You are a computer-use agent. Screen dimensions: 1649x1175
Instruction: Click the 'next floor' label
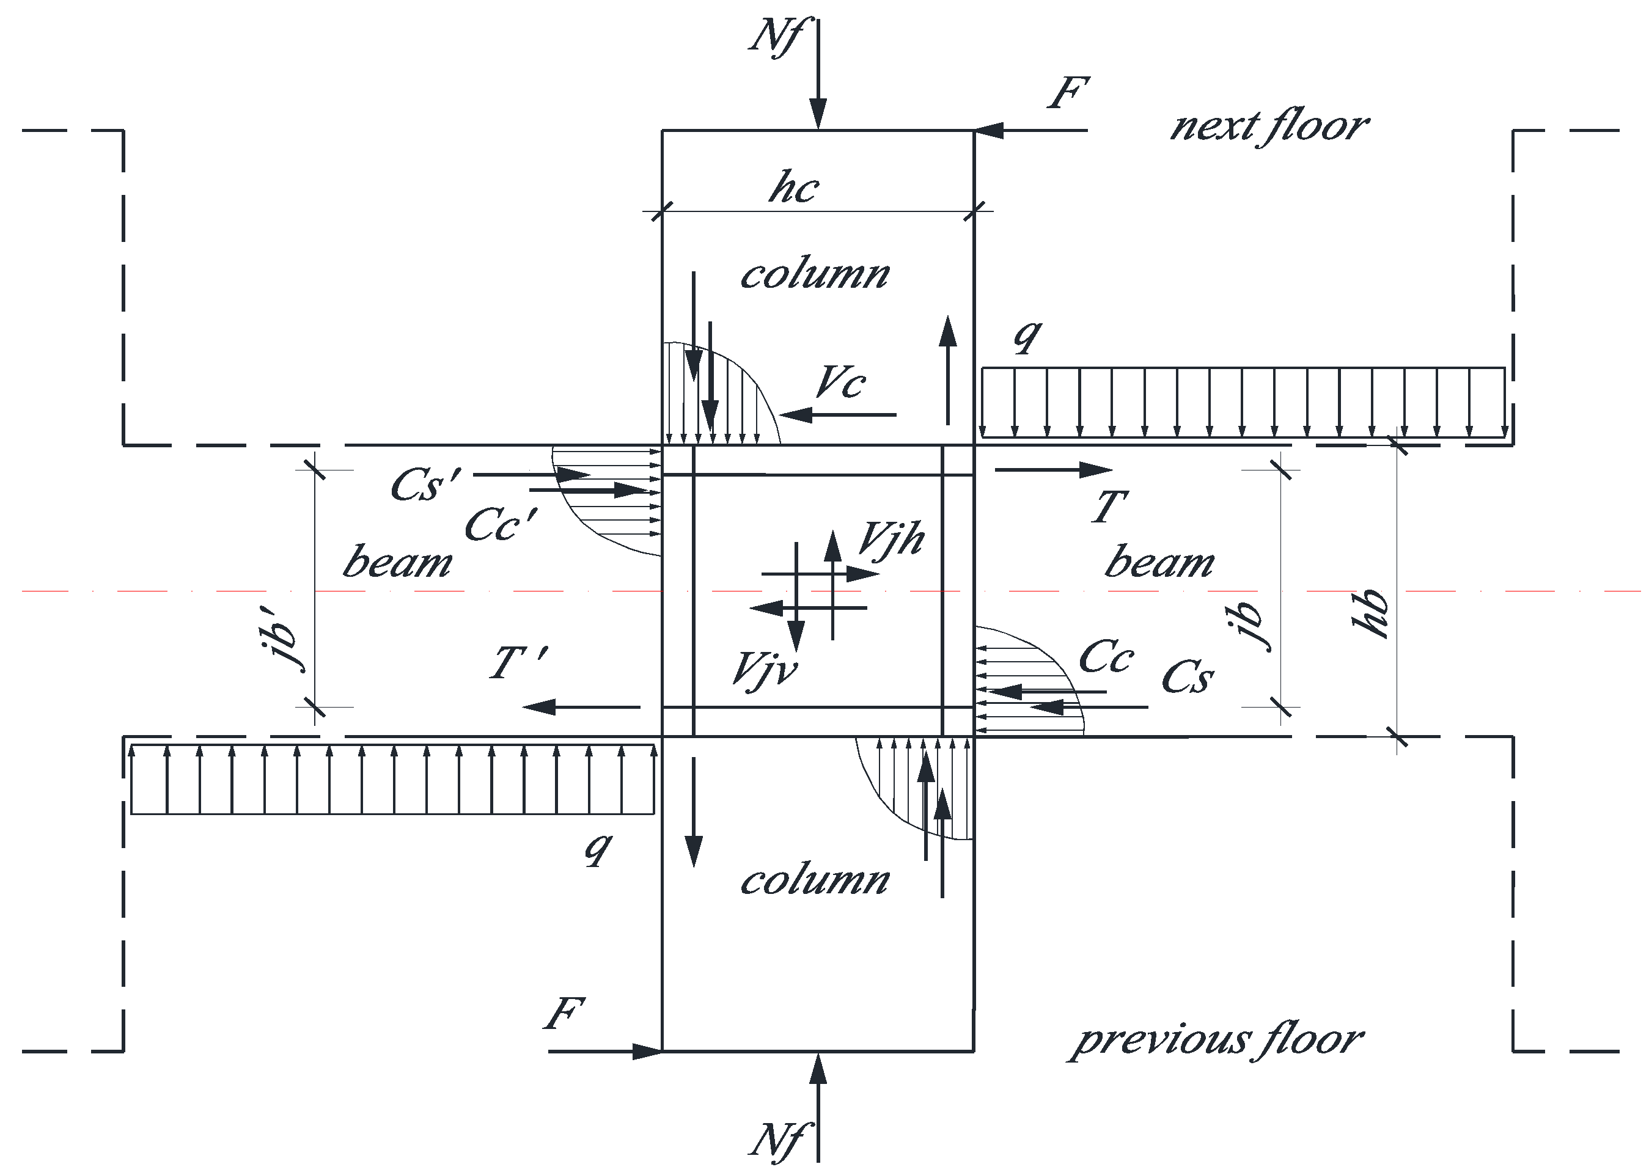point(1269,126)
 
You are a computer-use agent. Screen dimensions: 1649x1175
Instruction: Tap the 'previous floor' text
point(1216,1040)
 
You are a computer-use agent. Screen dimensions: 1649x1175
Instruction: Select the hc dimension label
point(794,188)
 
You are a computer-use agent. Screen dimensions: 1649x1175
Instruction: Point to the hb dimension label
point(1371,613)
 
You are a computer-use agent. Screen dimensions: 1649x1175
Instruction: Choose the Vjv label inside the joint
point(764,668)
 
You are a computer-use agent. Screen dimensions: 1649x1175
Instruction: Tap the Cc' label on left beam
point(501,524)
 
